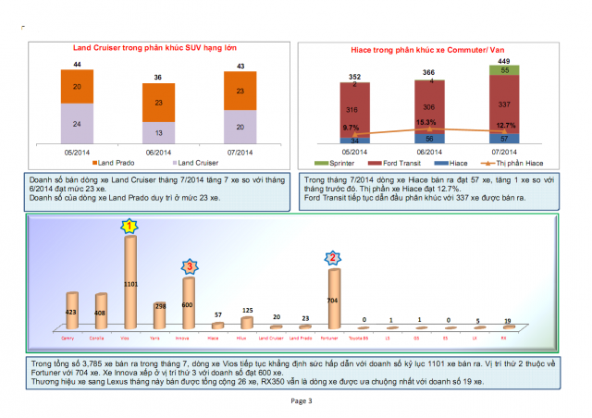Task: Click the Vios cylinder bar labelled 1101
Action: click(129, 282)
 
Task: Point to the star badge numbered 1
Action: click(130, 226)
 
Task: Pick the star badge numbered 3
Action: click(188, 267)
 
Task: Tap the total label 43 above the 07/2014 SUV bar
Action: click(240, 66)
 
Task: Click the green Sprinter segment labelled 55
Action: click(503, 69)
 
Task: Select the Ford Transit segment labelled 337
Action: click(503, 104)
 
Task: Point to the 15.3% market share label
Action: click(426, 121)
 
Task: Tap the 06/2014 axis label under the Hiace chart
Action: click(426, 152)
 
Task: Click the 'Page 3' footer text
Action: click(302, 400)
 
